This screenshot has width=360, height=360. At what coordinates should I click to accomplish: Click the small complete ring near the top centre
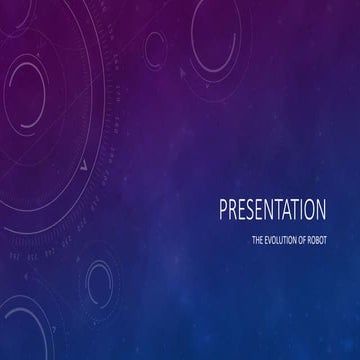tap(156, 45)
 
